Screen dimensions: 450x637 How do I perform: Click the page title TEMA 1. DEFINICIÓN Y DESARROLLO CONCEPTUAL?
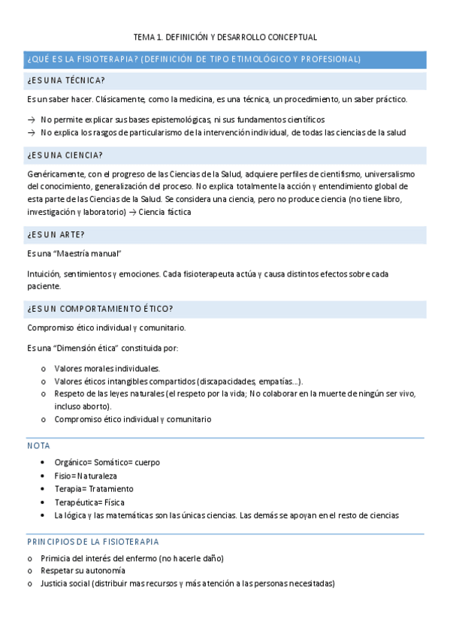225,36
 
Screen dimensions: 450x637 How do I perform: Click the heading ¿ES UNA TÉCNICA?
66,80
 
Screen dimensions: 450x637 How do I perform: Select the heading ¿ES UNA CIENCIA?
65,155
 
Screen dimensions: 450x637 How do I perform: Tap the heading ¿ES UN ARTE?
56,234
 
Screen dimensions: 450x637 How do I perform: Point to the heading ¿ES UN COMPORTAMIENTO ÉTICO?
100,308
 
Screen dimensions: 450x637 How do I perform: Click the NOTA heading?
38,445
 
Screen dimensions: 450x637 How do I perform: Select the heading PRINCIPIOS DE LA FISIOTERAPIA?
92,542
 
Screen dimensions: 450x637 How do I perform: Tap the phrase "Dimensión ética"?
89,348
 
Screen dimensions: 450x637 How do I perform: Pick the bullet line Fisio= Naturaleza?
86,475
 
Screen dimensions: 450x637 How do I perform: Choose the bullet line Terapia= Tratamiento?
94,489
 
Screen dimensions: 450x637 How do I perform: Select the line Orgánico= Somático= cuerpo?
107,462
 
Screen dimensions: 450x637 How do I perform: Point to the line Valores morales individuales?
107,368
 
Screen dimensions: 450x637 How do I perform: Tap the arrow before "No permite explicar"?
31,119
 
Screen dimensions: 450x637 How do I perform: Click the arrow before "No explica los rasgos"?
31,132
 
